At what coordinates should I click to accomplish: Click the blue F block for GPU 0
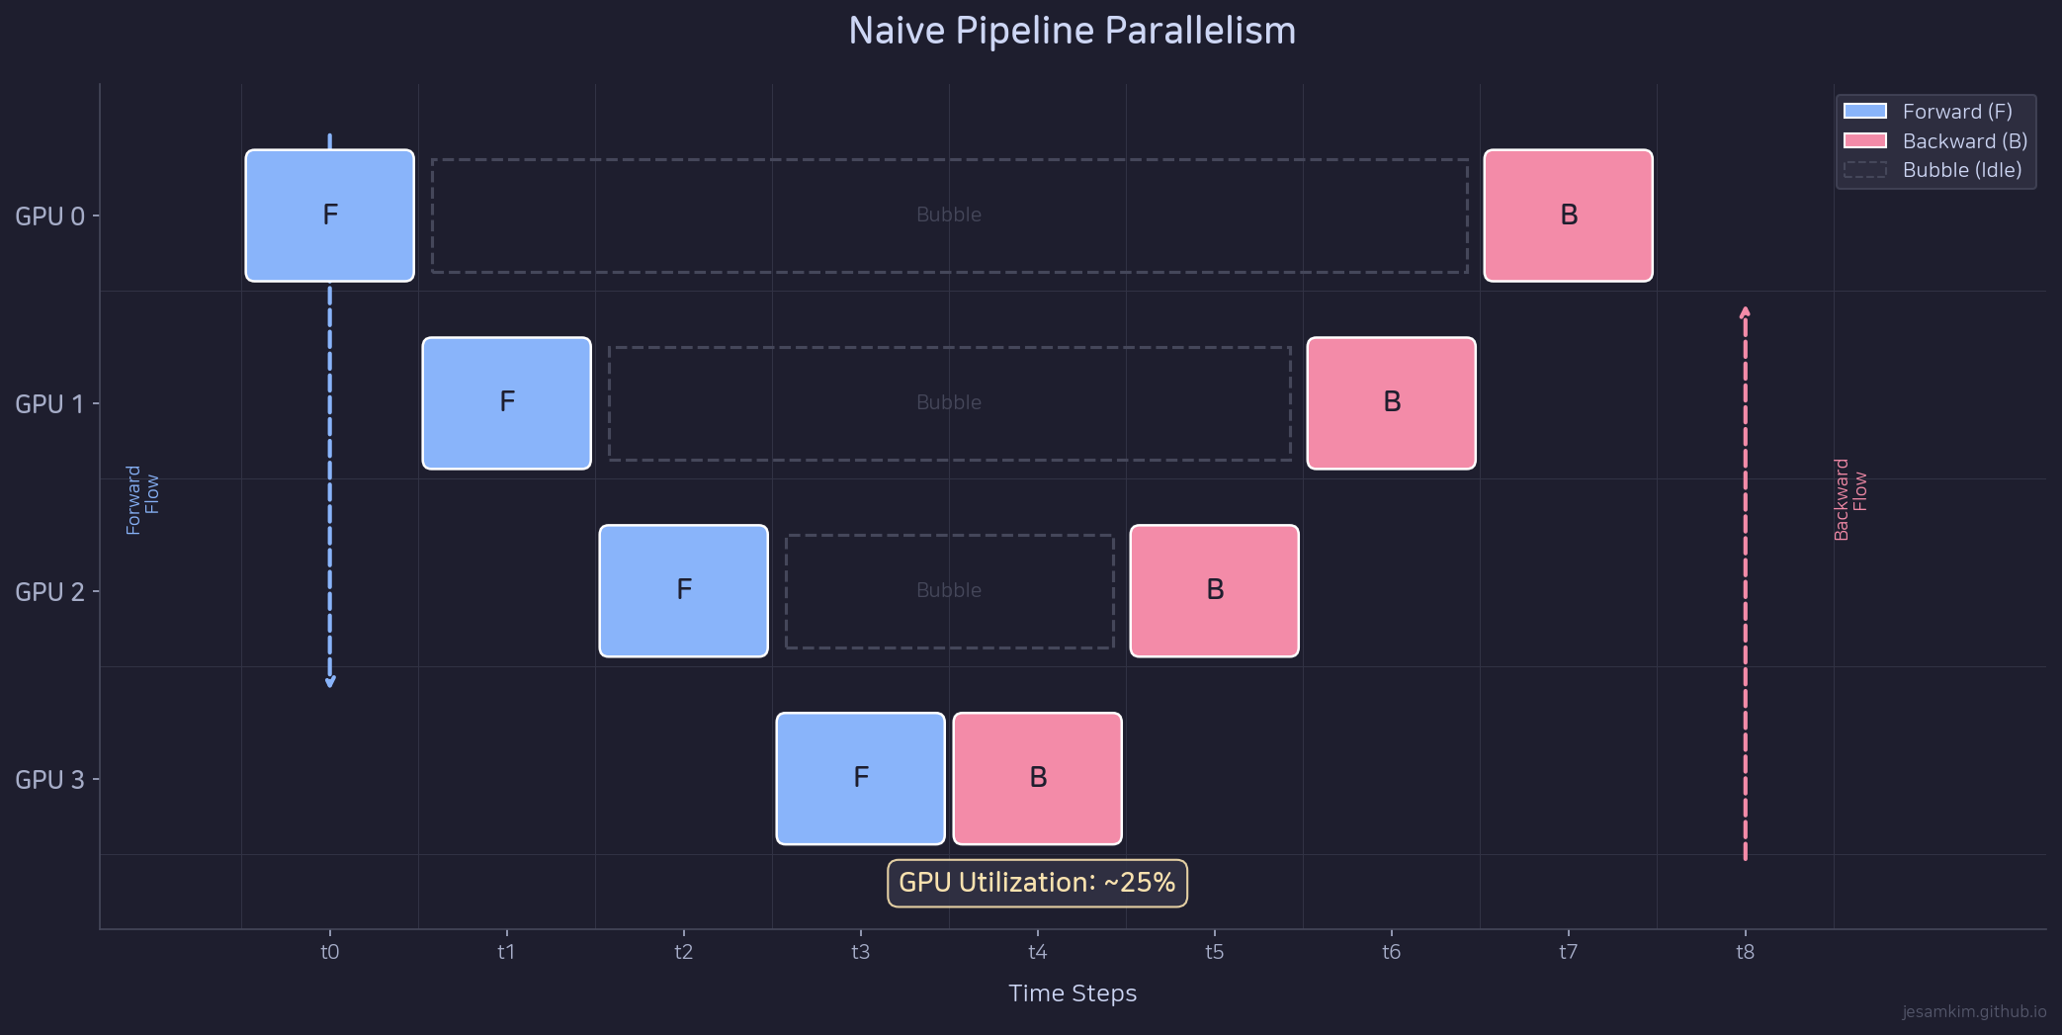coord(329,216)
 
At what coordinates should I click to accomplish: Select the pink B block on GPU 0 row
coord(1568,216)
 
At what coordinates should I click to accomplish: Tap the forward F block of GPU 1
coord(506,403)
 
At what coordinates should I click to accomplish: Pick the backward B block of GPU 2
coord(1214,591)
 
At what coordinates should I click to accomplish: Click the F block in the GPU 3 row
coord(860,779)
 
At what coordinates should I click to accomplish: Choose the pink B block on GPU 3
coord(1037,779)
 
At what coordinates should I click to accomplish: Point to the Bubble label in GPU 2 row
coord(949,590)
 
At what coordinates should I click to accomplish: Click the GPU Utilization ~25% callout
coord(1037,883)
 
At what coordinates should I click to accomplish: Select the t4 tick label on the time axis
coord(1037,952)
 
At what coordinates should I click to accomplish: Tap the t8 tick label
coord(1745,952)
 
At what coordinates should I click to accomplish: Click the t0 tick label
coord(329,952)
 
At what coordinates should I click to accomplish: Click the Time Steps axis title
coord(1073,993)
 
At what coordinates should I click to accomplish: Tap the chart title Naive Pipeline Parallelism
coord(1072,31)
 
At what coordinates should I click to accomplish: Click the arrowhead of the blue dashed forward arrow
coord(330,682)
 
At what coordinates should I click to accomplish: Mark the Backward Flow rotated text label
coord(1849,499)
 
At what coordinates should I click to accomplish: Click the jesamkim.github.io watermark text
coord(1973,1011)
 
